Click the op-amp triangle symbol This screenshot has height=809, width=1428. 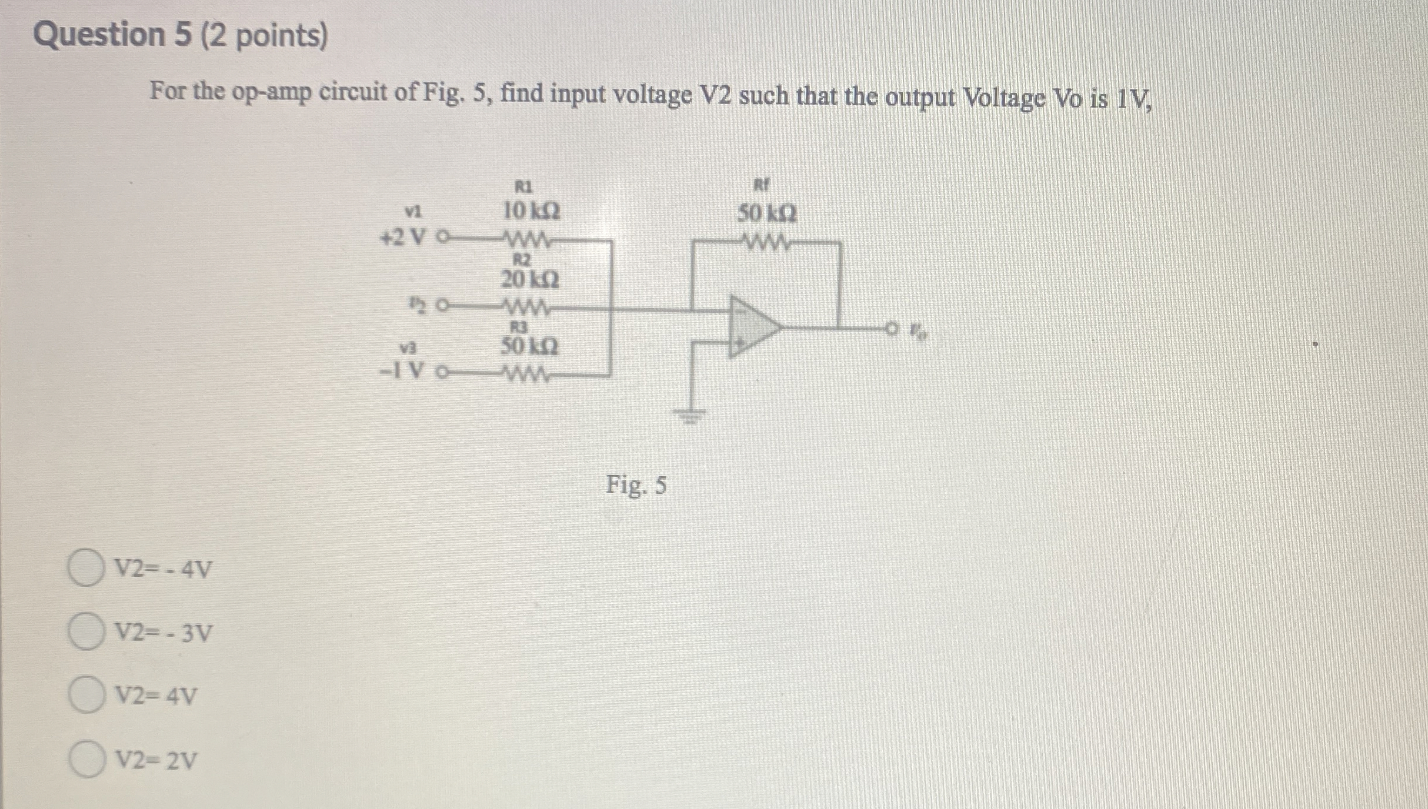point(753,326)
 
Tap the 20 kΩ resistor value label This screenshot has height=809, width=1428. point(530,279)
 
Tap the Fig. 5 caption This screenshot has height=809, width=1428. point(636,486)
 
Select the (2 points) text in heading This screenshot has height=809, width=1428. point(264,36)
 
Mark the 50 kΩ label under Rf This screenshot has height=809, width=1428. point(768,214)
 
